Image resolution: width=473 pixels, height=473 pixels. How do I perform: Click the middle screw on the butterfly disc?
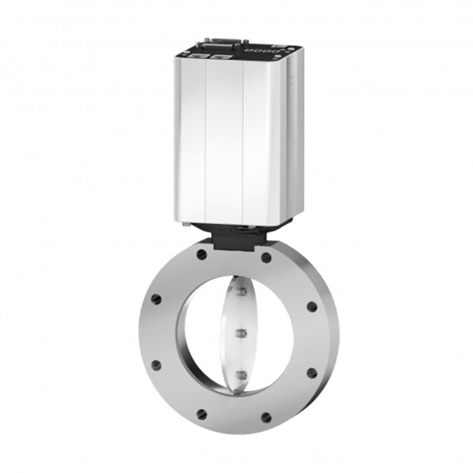[x=241, y=333]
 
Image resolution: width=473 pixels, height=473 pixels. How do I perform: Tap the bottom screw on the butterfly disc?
[x=242, y=374]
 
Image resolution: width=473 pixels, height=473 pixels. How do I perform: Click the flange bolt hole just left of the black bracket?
[x=202, y=255]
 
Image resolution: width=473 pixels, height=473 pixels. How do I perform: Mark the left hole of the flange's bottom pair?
[x=202, y=412]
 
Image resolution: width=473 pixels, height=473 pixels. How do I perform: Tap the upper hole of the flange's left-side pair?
[x=156, y=299]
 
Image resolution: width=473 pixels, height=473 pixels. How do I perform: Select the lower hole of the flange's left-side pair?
[x=156, y=364]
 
